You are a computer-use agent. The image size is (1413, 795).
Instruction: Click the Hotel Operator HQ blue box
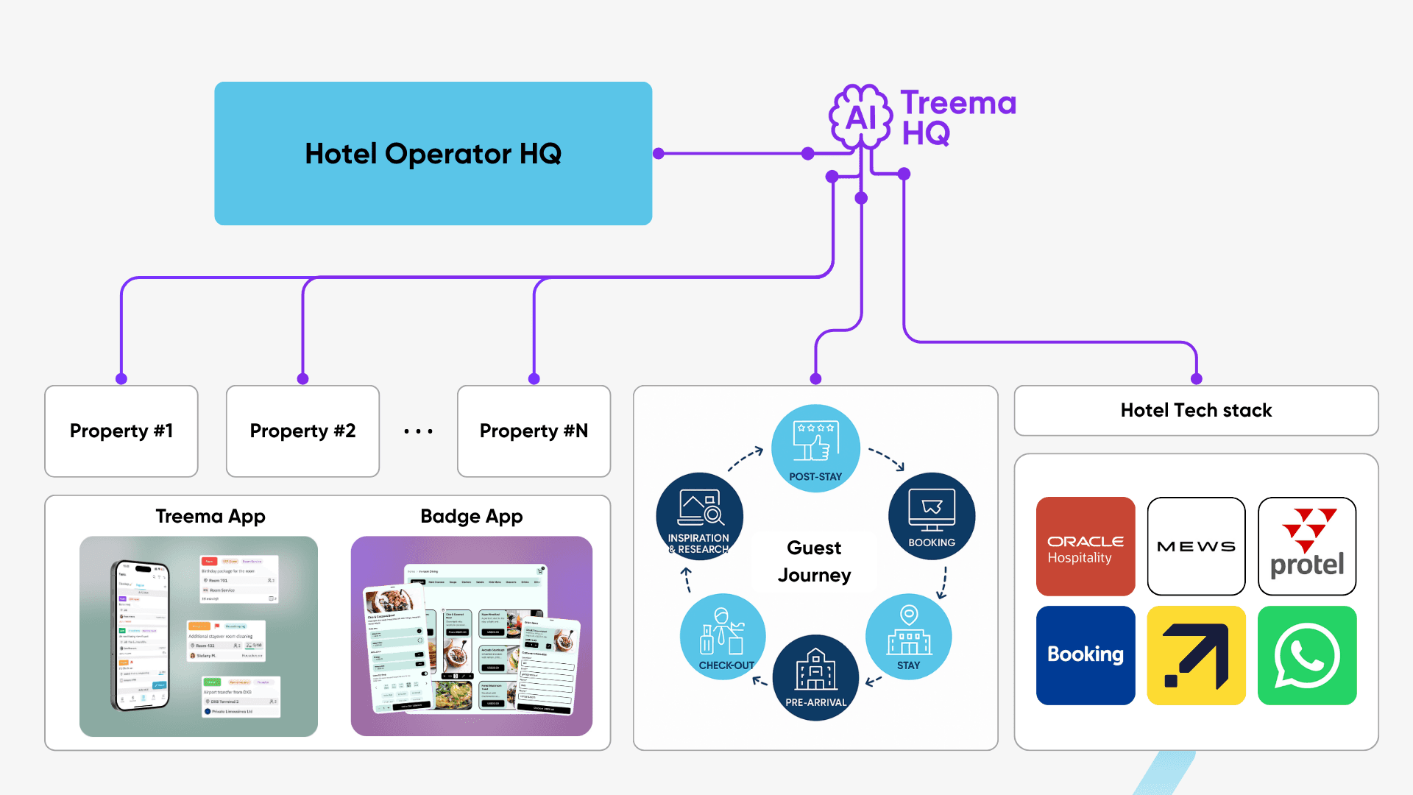click(433, 153)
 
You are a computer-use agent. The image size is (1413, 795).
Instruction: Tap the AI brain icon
click(860, 116)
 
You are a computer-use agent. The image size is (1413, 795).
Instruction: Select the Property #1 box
click(121, 431)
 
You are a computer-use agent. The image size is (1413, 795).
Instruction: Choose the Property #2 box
click(302, 431)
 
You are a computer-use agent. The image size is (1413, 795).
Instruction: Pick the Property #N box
click(534, 431)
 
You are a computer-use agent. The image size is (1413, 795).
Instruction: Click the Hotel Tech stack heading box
click(1196, 410)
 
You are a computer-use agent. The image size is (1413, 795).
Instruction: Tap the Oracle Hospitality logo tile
click(1086, 546)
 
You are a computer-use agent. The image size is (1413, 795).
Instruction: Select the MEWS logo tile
click(1196, 546)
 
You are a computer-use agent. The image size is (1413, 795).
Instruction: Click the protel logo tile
click(1307, 546)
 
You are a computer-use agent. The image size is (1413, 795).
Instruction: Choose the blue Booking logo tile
click(1086, 655)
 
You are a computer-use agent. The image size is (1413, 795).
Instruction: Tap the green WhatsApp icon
click(1307, 655)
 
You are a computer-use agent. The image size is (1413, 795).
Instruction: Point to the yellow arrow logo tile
click(1196, 655)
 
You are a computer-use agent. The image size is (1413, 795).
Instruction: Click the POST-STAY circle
click(815, 448)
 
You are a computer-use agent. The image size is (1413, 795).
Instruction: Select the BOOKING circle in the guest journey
click(932, 516)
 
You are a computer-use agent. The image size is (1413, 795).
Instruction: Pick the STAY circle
click(909, 636)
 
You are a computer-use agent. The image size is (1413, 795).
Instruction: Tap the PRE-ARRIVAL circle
click(815, 677)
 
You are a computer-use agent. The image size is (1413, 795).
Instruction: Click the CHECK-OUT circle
click(723, 636)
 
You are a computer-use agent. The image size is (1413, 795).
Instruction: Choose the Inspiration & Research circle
click(699, 516)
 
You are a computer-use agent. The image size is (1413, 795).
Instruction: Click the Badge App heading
click(472, 516)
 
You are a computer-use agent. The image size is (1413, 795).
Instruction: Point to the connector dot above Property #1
click(121, 378)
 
